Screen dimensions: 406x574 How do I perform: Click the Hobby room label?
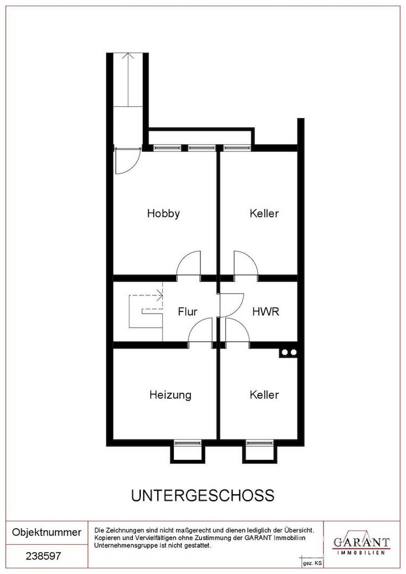[x=163, y=214]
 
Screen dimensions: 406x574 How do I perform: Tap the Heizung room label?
[x=170, y=395]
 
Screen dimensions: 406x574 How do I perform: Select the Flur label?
[x=188, y=311]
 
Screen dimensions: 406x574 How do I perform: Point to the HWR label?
[x=266, y=311]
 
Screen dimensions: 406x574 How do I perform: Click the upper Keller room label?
[x=264, y=213]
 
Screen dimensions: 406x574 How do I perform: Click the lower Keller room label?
[x=264, y=394]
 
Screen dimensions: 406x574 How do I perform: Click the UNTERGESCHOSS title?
[x=203, y=495]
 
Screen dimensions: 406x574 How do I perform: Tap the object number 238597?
[x=43, y=556]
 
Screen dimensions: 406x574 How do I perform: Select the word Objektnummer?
[x=46, y=532]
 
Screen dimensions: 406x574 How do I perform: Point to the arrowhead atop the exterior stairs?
[x=128, y=56]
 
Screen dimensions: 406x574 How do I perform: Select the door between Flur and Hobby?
[x=189, y=264]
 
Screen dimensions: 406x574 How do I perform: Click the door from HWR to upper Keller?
[x=246, y=264]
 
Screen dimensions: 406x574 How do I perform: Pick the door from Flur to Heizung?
[x=201, y=330]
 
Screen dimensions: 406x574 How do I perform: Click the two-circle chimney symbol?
[x=289, y=352]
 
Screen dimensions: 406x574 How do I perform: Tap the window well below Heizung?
[x=188, y=451]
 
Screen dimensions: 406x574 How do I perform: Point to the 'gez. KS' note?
[x=312, y=563]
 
